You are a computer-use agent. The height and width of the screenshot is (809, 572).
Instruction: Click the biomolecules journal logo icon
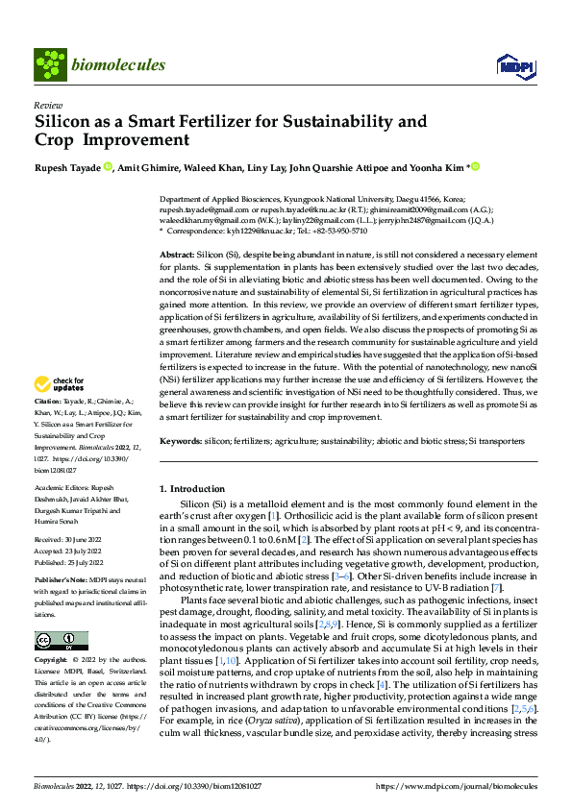tap(49, 64)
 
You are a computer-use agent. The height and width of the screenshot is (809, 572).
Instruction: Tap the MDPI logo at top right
tap(510, 65)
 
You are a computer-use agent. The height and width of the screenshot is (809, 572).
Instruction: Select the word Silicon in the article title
tap(63, 122)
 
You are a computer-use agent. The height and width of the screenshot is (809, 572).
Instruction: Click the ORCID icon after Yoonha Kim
tap(474, 167)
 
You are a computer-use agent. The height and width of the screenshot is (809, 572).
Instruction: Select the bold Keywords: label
tap(181, 441)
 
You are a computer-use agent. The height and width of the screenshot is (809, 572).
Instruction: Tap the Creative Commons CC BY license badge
tap(62, 640)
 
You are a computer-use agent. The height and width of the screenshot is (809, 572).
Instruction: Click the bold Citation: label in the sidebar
tap(48, 427)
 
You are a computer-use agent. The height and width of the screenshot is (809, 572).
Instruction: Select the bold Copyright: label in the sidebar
tap(51, 661)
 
